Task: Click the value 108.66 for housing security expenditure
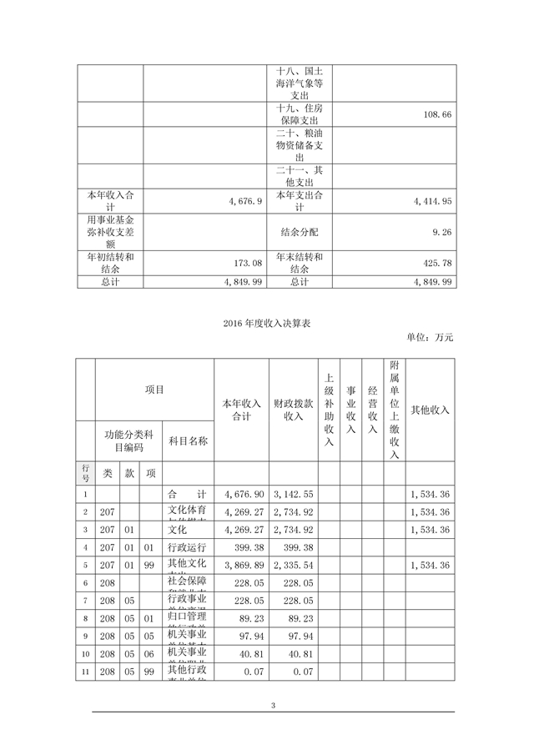(433, 114)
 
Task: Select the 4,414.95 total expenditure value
(428, 201)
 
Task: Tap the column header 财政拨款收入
(293, 410)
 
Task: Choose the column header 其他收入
(431, 410)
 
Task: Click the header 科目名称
(188, 440)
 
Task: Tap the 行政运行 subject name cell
(186, 547)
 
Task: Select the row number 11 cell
(85, 672)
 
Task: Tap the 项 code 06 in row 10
(150, 654)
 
